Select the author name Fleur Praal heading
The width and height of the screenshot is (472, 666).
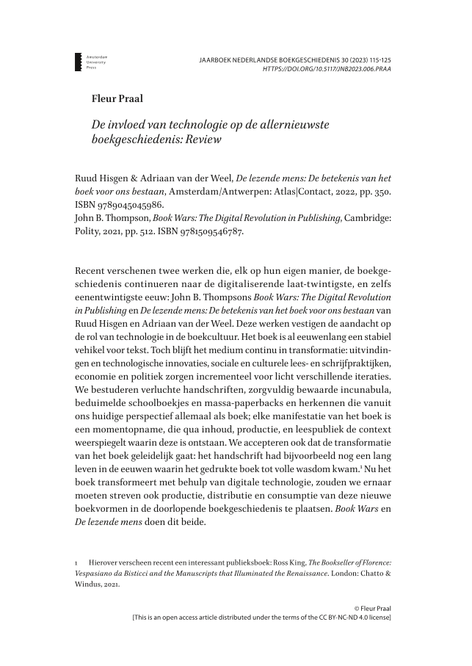[114, 98]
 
